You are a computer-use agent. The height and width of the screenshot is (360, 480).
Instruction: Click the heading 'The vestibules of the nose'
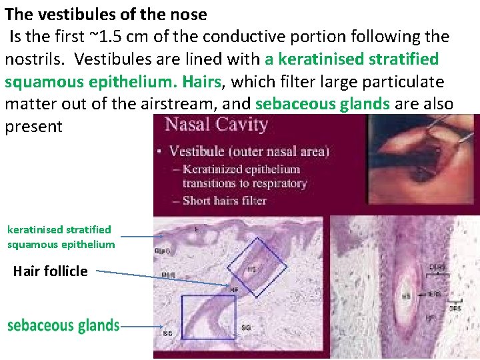106,14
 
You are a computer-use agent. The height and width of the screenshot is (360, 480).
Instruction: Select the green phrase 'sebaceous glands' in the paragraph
323,105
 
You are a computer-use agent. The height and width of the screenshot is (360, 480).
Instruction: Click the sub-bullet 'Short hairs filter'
224,200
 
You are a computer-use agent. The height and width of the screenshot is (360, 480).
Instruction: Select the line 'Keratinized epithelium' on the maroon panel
241,169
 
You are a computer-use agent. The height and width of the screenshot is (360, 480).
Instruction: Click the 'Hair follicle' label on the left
50,271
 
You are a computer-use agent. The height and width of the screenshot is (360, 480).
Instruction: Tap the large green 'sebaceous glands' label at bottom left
63,325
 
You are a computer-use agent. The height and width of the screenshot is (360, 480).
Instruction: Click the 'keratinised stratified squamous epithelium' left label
61,237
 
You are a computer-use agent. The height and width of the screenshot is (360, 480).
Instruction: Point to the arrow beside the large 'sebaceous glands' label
141,327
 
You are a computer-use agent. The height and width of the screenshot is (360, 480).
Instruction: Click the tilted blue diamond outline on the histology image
257,267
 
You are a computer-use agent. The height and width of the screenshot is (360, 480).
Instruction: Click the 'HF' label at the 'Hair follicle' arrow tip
234,290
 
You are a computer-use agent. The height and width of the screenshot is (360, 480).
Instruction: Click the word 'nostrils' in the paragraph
31,59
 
